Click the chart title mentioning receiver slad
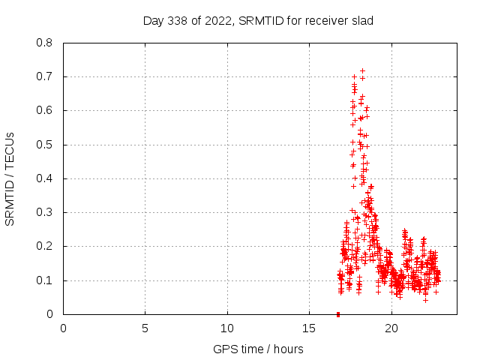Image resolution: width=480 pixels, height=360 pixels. (x=258, y=20)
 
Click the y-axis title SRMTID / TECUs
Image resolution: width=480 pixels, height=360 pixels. (x=10, y=178)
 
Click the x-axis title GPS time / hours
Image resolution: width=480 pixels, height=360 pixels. (x=258, y=349)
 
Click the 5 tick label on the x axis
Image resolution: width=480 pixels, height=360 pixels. (x=145, y=328)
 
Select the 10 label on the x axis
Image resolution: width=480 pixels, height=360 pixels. (x=227, y=328)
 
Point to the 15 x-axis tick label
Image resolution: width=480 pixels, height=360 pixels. (x=309, y=328)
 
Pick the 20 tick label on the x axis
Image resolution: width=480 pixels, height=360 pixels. (x=391, y=328)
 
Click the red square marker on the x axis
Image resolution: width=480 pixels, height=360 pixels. (x=338, y=314)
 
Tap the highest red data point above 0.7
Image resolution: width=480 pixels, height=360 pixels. (x=362, y=70)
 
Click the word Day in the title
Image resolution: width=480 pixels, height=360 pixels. (x=153, y=20)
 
